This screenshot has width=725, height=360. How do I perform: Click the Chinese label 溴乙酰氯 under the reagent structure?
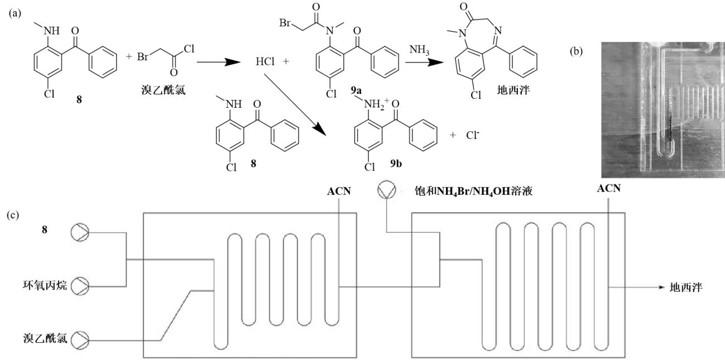(152, 90)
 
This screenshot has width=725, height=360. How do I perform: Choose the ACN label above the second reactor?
(609, 189)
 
